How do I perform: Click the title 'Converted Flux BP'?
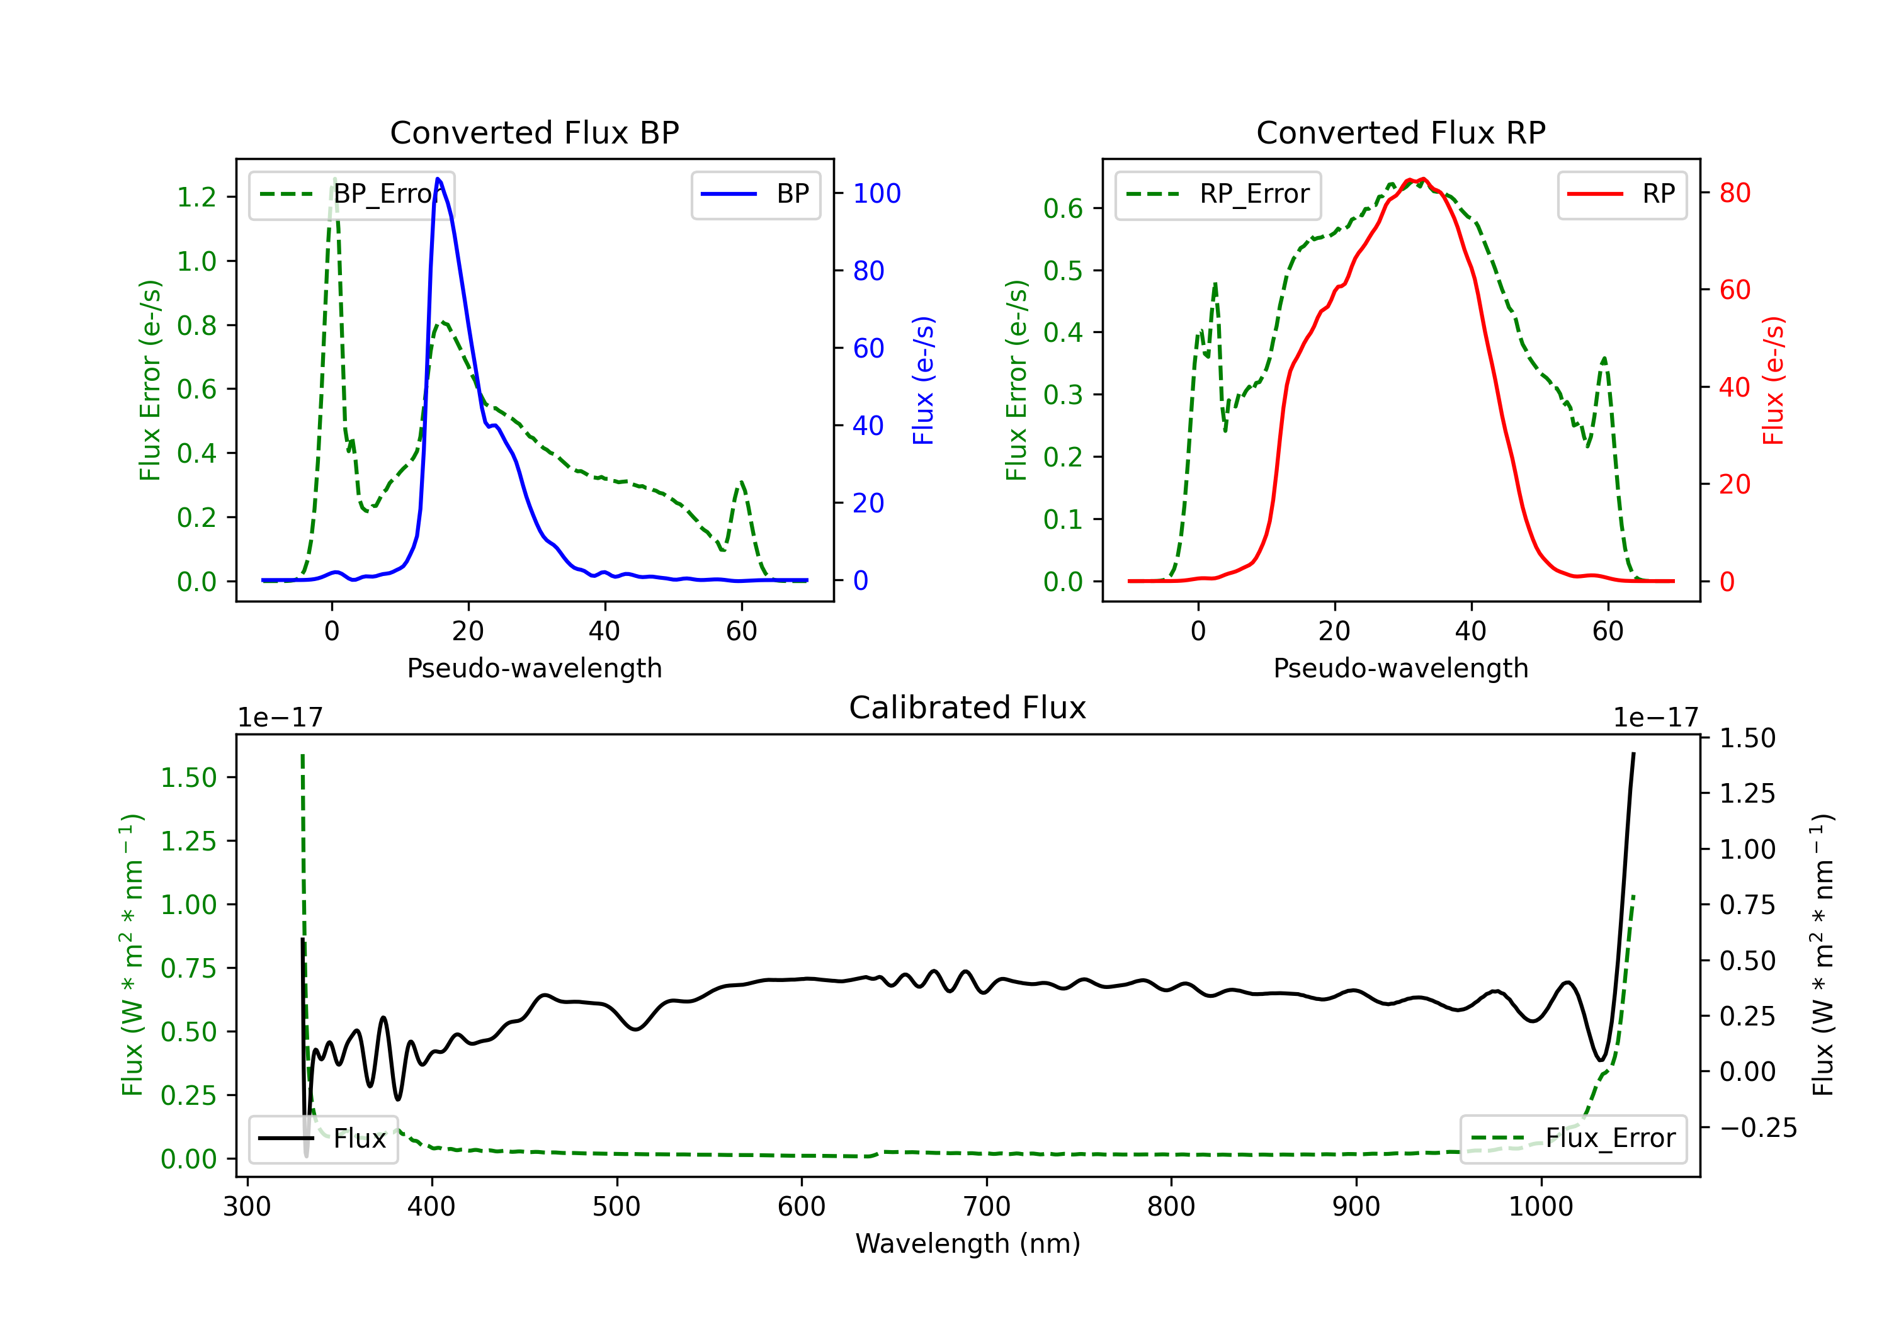pyautogui.click(x=534, y=132)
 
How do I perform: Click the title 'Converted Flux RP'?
pyautogui.click(x=1400, y=132)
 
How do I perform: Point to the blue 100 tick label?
pyautogui.click(x=876, y=193)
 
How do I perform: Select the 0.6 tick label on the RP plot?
pyautogui.click(x=1063, y=208)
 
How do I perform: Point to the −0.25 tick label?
pyautogui.click(x=1757, y=1127)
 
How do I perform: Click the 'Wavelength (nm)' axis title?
pyautogui.click(x=968, y=1243)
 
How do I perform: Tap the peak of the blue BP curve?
pyautogui.click(x=438, y=179)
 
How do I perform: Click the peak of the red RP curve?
pyautogui.click(x=1422, y=179)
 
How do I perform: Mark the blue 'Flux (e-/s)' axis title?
pyautogui.click(x=923, y=380)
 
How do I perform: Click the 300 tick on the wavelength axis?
pyautogui.click(x=247, y=1206)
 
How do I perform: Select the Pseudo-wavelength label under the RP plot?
pyautogui.click(x=1400, y=668)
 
